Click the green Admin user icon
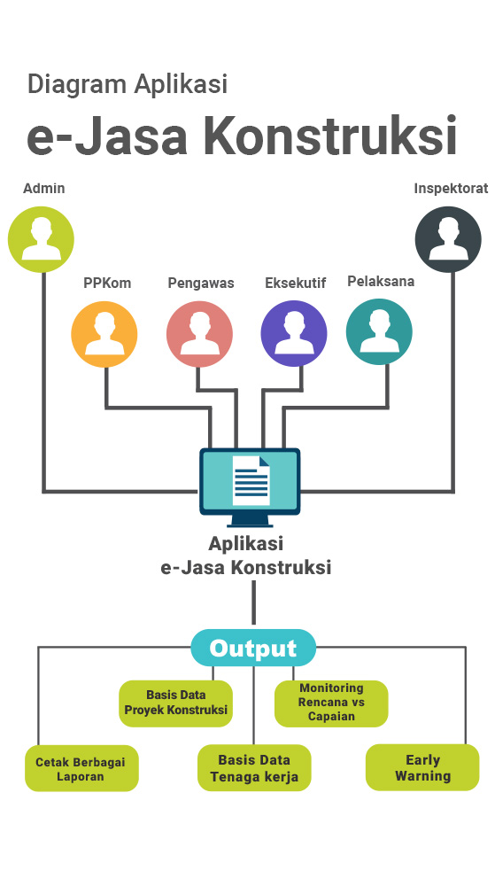tap(42, 239)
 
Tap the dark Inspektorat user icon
tap(448, 239)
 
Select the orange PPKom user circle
tap(104, 335)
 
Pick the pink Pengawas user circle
tap(200, 334)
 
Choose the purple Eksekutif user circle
tap(294, 333)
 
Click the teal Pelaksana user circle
tap(379, 332)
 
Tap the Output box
tap(253, 648)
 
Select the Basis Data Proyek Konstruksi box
tap(176, 703)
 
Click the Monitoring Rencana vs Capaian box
tap(331, 703)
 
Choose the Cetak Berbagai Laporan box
tap(81, 768)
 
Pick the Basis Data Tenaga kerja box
tap(254, 768)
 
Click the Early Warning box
tap(422, 767)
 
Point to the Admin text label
tap(44, 188)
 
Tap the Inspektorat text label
tap(451, 188)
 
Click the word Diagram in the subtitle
tap(77, 85)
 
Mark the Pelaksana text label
tap(381, 281)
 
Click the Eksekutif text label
tap(295, 284)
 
